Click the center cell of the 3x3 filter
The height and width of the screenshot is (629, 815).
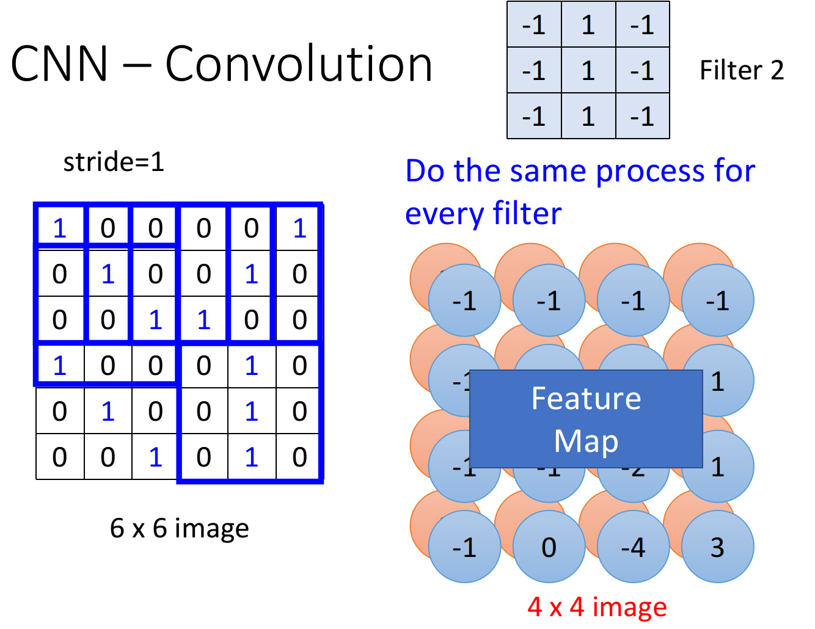click(x=588, y=70)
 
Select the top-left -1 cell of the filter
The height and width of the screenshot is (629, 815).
click(x=534, y=25)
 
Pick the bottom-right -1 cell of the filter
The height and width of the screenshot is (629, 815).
click(x=642, y=116)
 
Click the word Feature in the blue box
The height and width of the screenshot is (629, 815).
click(x=586, y=399)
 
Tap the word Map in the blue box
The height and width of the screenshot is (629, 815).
click(x=586, y=441)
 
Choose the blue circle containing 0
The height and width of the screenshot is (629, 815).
click(x=549, y=547)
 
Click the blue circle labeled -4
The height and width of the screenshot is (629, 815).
click(x=633, y=547)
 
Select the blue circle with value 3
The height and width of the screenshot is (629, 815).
click(x=717, y=547)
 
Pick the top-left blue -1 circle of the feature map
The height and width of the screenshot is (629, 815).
click(x=464, y=300)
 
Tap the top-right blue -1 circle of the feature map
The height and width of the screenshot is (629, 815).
click(x=717, y=300)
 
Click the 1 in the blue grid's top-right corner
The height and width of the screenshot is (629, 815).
click(x=299, y=228)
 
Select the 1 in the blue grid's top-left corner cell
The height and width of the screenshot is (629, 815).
click(x=59, y=228)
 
